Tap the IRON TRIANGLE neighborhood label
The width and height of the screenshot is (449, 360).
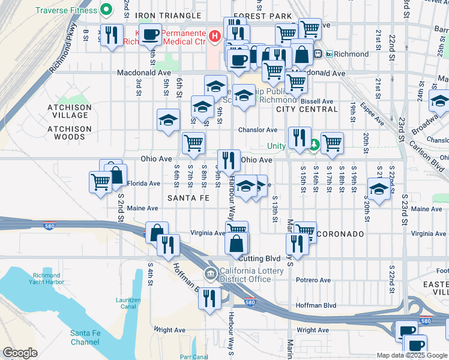[167, 16]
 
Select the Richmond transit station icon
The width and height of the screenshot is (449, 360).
[329, 54]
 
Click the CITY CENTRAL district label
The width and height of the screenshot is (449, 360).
[307, 109]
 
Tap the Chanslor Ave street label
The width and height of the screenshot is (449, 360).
[258, 130]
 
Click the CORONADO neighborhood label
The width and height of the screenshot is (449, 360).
[343, 233]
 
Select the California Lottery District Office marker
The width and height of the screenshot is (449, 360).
[211, 275]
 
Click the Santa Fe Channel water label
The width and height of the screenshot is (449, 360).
[85, 338]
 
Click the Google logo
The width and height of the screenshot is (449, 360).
[20, 353]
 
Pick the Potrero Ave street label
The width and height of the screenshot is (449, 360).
[313, 280]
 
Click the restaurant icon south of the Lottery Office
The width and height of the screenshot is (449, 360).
[209, 298]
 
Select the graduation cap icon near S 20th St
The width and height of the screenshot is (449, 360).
[379, 190]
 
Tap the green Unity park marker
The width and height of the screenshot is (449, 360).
[315, 145]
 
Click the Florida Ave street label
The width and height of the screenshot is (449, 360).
[143, 184]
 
